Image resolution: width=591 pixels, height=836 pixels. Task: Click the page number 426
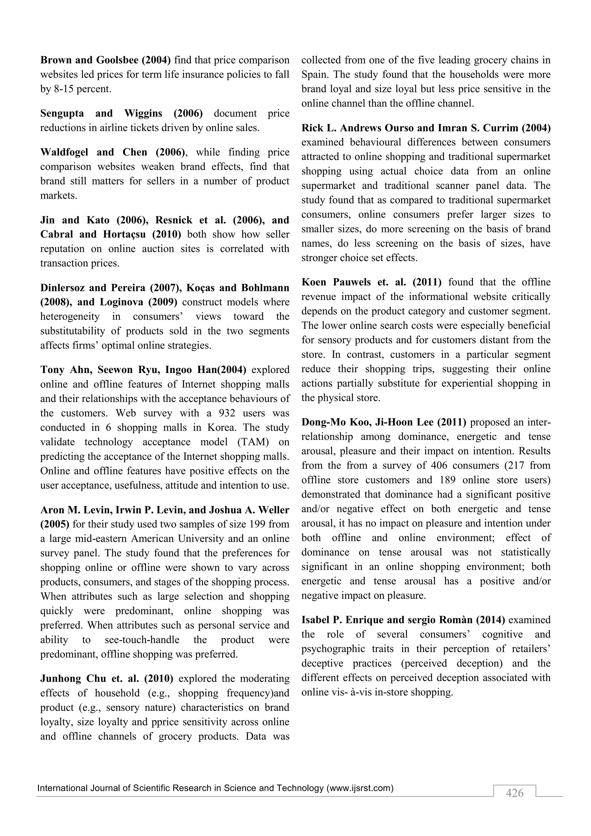pyautogui.click(x=514, y=793)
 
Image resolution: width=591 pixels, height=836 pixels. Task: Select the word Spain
pyautogui.click(x=315, y=75)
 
